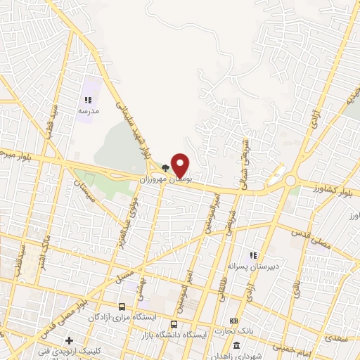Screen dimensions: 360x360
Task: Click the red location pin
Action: [x=180, y=165]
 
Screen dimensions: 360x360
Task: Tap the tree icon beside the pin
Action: [x=165, y=168]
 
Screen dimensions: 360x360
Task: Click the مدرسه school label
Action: [x=88, y=112]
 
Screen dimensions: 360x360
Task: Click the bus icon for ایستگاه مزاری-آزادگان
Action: [x=122, y=307]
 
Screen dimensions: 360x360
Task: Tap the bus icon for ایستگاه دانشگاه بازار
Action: [x=174, y=324]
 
